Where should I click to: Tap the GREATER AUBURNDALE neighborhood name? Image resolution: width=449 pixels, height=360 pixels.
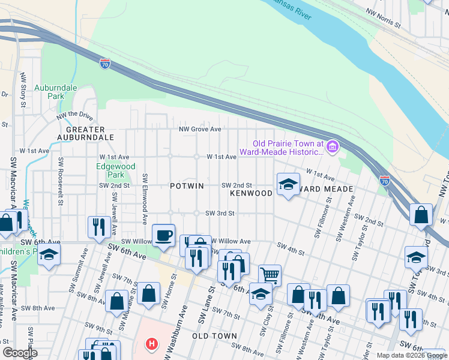(85, 133)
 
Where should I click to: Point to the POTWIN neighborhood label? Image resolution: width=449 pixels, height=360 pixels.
(186, 186)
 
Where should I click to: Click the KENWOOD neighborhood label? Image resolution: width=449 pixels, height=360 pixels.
(251, 194)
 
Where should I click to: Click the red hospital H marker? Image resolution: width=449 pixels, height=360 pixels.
(152, 345)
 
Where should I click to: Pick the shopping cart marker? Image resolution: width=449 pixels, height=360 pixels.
(270, 275)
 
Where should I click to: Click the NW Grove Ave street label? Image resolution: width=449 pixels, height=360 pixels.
(199, 129)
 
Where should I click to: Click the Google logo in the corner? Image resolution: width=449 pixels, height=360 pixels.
(20, 353)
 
